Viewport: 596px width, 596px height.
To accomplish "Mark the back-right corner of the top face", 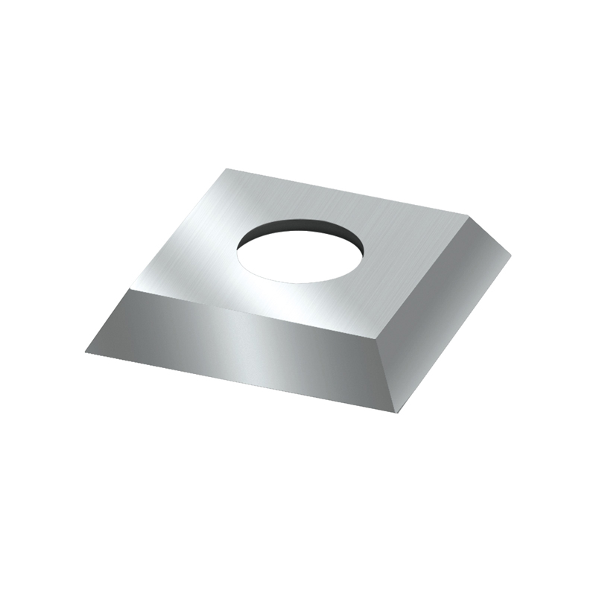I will click(468, 215).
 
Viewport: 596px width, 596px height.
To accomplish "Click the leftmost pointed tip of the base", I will click(86, 352).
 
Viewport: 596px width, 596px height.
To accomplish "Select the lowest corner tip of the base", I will click(397, 412).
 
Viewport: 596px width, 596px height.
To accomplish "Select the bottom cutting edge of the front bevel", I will click(238, 381).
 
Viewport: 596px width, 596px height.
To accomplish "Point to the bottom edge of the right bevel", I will click(454, 333).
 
